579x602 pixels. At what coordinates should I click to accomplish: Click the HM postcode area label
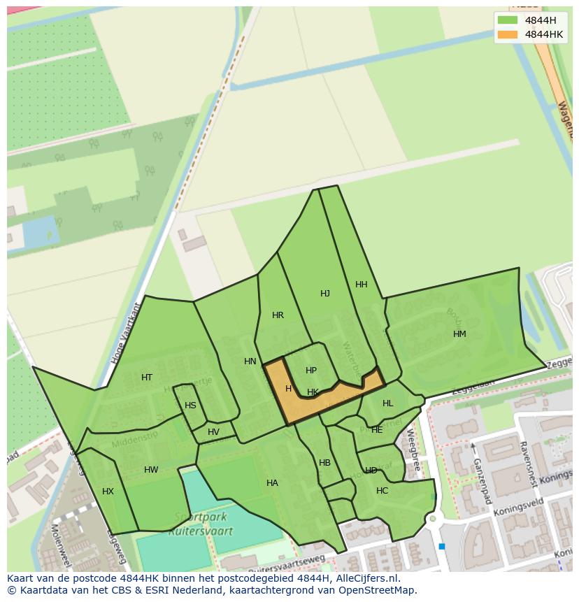[x=459, y=334]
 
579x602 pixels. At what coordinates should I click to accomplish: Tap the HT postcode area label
[x=147, y=378]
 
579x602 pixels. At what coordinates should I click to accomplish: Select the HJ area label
[x=325, y=294]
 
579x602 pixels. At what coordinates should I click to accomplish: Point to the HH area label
[x=362, y=285]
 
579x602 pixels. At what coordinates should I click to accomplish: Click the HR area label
[x=278, y=315]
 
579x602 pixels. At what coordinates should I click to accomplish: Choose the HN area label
[x=250, y=361]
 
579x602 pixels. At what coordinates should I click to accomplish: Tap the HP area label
[x=311, y=371]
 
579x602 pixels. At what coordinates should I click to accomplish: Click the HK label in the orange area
[x=313, y=392]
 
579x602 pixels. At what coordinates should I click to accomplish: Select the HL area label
[x=388, y=403]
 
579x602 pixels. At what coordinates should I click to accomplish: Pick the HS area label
[x=190, y=406]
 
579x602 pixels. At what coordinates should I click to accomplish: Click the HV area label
[x=213, y=432]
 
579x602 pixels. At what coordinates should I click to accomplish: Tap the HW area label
[x=151, y=470]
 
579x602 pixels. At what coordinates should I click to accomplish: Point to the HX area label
[x=108, y=492]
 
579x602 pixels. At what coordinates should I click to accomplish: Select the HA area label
[x=272, y=483]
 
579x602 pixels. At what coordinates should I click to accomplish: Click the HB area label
[x=324, y=463]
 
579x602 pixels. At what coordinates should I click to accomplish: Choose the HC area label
[x=382, y=491]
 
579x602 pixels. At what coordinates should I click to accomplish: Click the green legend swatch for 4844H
[x=508, y=20]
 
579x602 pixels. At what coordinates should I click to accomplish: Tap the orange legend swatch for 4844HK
[x=508, y=34]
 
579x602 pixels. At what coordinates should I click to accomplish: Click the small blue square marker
[x=442, y=547]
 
